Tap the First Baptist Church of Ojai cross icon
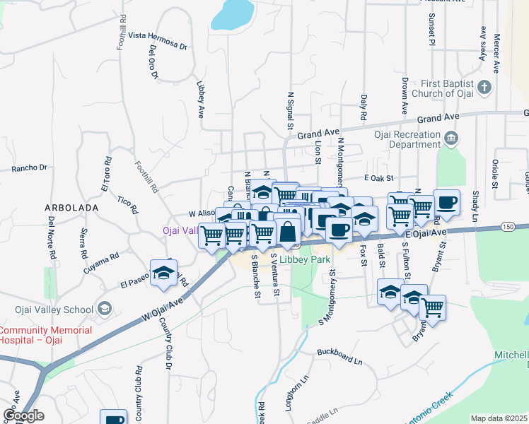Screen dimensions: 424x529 pyautogui.click(x=484, y=88)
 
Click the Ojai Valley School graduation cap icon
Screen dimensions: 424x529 pyautogui.click(x=105, y=308)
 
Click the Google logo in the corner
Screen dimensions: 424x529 pyautogui.click(x=23, y=416)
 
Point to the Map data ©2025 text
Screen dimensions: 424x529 pyautogui.click(x=499, y=418)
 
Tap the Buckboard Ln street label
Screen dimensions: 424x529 pyautogui.click(x=339, y=351)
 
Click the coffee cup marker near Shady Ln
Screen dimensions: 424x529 pyautogui.click(x=447, y=203)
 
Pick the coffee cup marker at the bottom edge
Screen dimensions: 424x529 pyautogui.click(x=113, y=419)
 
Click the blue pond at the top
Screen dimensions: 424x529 pyautogui.click(x=233, y=14)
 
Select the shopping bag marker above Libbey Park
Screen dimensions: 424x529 pyautogui.click(x=289, y=230)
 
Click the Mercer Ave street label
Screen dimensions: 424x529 pyautogui.click(x=496, y=54)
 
